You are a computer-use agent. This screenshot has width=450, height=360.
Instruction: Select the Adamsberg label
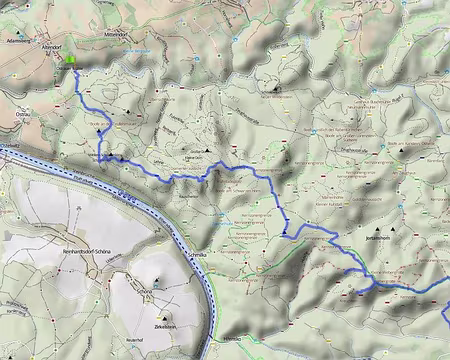click(x=17, y=42)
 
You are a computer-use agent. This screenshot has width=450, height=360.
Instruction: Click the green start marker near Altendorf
click(x=72, y=59)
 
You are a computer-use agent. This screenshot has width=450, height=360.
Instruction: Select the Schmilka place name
click(x=197, y=256)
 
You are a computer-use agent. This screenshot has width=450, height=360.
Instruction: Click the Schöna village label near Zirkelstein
click(x=146, y=289)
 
